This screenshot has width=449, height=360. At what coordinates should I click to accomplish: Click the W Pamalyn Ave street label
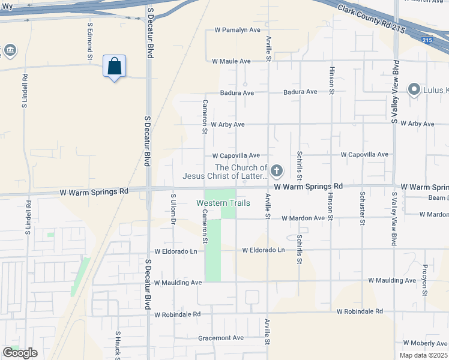pos(238,30)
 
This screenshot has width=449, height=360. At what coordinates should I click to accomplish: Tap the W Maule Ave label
pos(231,61)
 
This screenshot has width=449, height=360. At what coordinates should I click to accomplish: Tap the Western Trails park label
pos(223,203)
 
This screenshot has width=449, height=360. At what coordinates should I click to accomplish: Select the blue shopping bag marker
pos(114,67)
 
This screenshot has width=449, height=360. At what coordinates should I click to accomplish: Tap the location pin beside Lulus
pos(413,90)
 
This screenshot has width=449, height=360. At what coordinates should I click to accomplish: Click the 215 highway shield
pos(426,40)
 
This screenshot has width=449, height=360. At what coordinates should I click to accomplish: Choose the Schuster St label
pos(362,208)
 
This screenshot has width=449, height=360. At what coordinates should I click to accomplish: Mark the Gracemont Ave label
pos(221,338)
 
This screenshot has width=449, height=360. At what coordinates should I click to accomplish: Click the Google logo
pos(20,353)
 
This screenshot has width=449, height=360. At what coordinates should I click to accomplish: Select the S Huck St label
pos(118,345)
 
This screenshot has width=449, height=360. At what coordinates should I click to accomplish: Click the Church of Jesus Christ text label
pos(225,172)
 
